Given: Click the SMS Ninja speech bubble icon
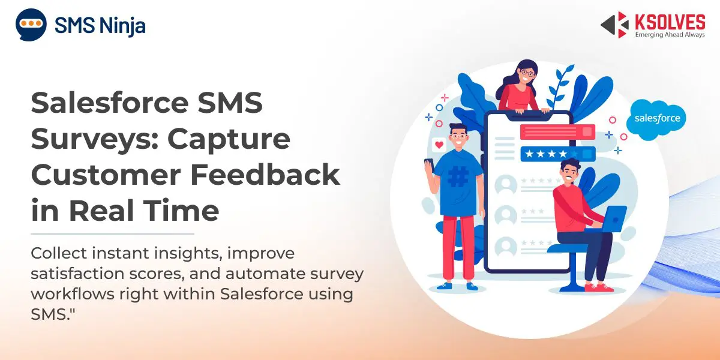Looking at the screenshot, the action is pyautogui.click(x=31, y=25).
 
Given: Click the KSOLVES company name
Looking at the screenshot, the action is pyautogui.click(x=670, y=23).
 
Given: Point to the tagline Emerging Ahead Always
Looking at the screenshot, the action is pyautogui.click(x=670, y=34).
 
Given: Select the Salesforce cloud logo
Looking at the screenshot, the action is pyautogui.click(x=656, y=119).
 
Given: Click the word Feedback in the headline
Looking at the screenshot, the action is pyautogui.click(x=265, y=175).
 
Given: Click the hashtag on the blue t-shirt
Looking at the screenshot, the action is pyautogui.click(x=458, y=176).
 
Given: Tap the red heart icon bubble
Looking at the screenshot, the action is pyautogui.click(x=439, y=145).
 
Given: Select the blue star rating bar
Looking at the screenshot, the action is pyautogui.click(x=557, y=154).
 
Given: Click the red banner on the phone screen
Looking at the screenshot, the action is pyautogui.click(x=557, y=132).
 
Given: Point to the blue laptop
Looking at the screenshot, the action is pyautogui.click(x=608, y=220).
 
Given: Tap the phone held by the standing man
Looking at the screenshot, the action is pyautogui.click(x=430, y=166).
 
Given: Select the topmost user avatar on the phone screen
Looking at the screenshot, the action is pyautogui.click(x=506, y=185).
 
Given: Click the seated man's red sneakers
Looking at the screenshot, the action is pyautogui.click(x=599, y=287).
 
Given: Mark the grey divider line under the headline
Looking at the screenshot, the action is pyautogui.click(x=113, y=234).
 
